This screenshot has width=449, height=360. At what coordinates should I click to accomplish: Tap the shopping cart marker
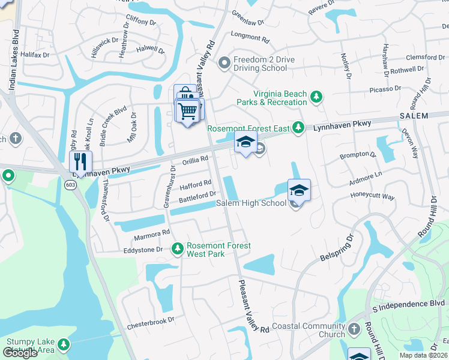(188, 110)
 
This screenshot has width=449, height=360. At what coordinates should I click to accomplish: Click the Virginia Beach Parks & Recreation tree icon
(316, 96)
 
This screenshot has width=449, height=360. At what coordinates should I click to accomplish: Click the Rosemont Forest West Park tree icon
(177, 248)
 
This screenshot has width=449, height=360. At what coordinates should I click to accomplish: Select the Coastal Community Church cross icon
(354, 329)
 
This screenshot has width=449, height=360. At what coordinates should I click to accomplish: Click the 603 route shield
(71, 184)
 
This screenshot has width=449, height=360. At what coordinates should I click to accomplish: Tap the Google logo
(20, 352)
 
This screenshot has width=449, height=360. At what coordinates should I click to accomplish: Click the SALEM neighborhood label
(414, 116)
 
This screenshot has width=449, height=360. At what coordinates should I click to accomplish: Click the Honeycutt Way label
(372, 196)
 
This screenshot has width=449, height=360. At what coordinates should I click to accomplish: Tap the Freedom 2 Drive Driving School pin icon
(224, 62)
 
